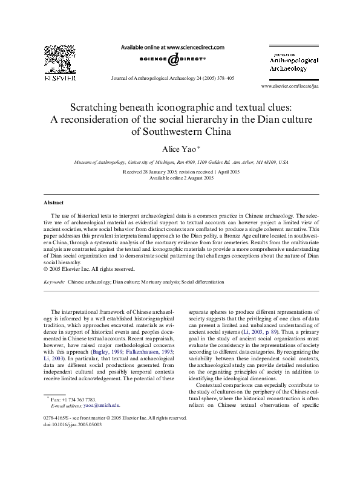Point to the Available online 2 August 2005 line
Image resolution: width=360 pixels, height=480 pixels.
tap(179, 178)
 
